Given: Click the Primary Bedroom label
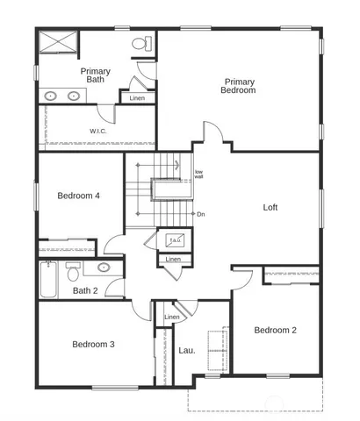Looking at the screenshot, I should (238, 86).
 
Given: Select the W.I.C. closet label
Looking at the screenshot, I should (97, 131).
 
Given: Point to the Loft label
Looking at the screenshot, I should (270, 208).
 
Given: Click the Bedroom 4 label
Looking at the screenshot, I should (78, 196).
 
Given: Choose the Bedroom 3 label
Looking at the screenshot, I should (93, 345).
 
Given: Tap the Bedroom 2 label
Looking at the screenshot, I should (275, 330).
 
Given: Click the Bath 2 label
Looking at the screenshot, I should (85, 290).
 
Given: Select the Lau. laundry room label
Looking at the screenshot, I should (187, 351).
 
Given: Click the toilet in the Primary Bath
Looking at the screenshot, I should (140, 44).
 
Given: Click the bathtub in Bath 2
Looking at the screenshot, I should (48, 280).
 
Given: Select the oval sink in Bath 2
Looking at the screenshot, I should (104, 267).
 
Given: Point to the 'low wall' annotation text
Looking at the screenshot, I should (198, 174).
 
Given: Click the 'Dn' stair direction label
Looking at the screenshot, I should (201, 213).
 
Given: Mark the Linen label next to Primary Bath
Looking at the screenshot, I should (137, 97).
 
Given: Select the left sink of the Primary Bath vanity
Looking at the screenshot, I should (50, 96).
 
